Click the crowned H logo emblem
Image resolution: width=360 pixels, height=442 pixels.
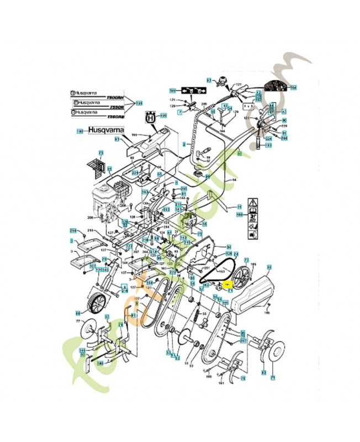(x=149, y=117)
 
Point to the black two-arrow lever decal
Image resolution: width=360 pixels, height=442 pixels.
(x=191, y=91)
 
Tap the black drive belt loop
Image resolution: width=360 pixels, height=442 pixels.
(x=216, y=269)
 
